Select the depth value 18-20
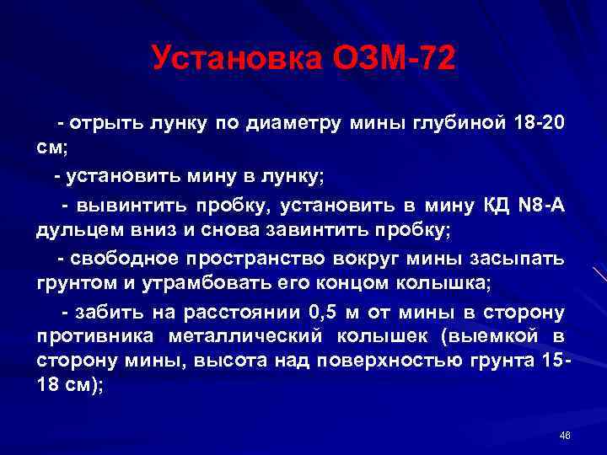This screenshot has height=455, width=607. tap(539, 124)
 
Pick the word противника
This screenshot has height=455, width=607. tap(89, 337)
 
